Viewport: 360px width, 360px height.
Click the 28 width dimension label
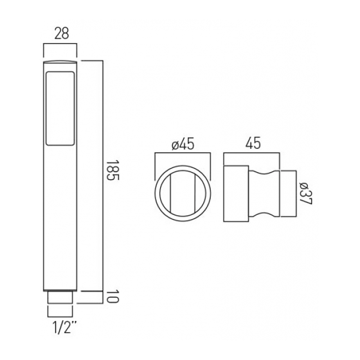tap(62, 33)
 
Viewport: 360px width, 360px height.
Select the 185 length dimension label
tap(112, 170)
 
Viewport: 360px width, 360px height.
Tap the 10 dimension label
tap(112, 297)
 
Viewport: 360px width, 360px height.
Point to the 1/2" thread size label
tap(64, 327)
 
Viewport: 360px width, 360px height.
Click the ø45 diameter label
tap(183, 144)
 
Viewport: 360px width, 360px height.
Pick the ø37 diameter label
tap(306, 194)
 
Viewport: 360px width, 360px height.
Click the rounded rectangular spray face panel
tap(60, 109)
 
